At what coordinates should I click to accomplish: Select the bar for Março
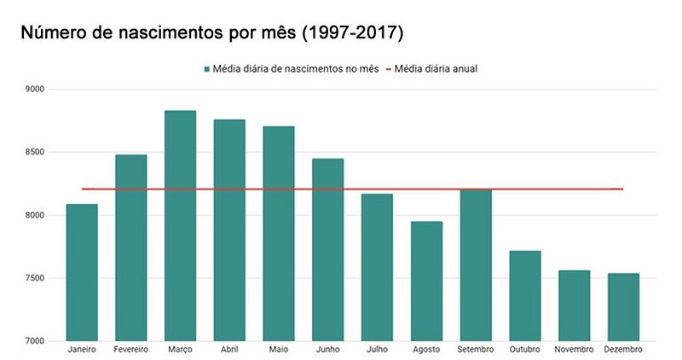180,225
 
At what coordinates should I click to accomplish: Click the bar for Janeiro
82,272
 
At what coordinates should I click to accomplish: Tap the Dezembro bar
623,307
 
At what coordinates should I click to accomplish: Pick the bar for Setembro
476,265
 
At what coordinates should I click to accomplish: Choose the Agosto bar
427,282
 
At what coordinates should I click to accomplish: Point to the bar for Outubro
525,296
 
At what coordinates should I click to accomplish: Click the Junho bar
328,250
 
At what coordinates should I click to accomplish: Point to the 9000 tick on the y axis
35,90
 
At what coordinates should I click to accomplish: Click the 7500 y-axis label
35,278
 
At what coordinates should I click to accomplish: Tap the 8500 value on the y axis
35,153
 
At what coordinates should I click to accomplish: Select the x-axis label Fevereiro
131,350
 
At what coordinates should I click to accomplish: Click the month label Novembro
574,350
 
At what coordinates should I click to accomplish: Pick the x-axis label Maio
279,350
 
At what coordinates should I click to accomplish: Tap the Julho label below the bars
377,350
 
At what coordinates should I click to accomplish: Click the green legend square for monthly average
207,69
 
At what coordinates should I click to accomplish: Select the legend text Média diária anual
436,69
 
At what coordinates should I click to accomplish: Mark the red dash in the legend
389,69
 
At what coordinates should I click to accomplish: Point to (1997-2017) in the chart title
352,33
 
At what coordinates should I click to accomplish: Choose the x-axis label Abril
229,350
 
